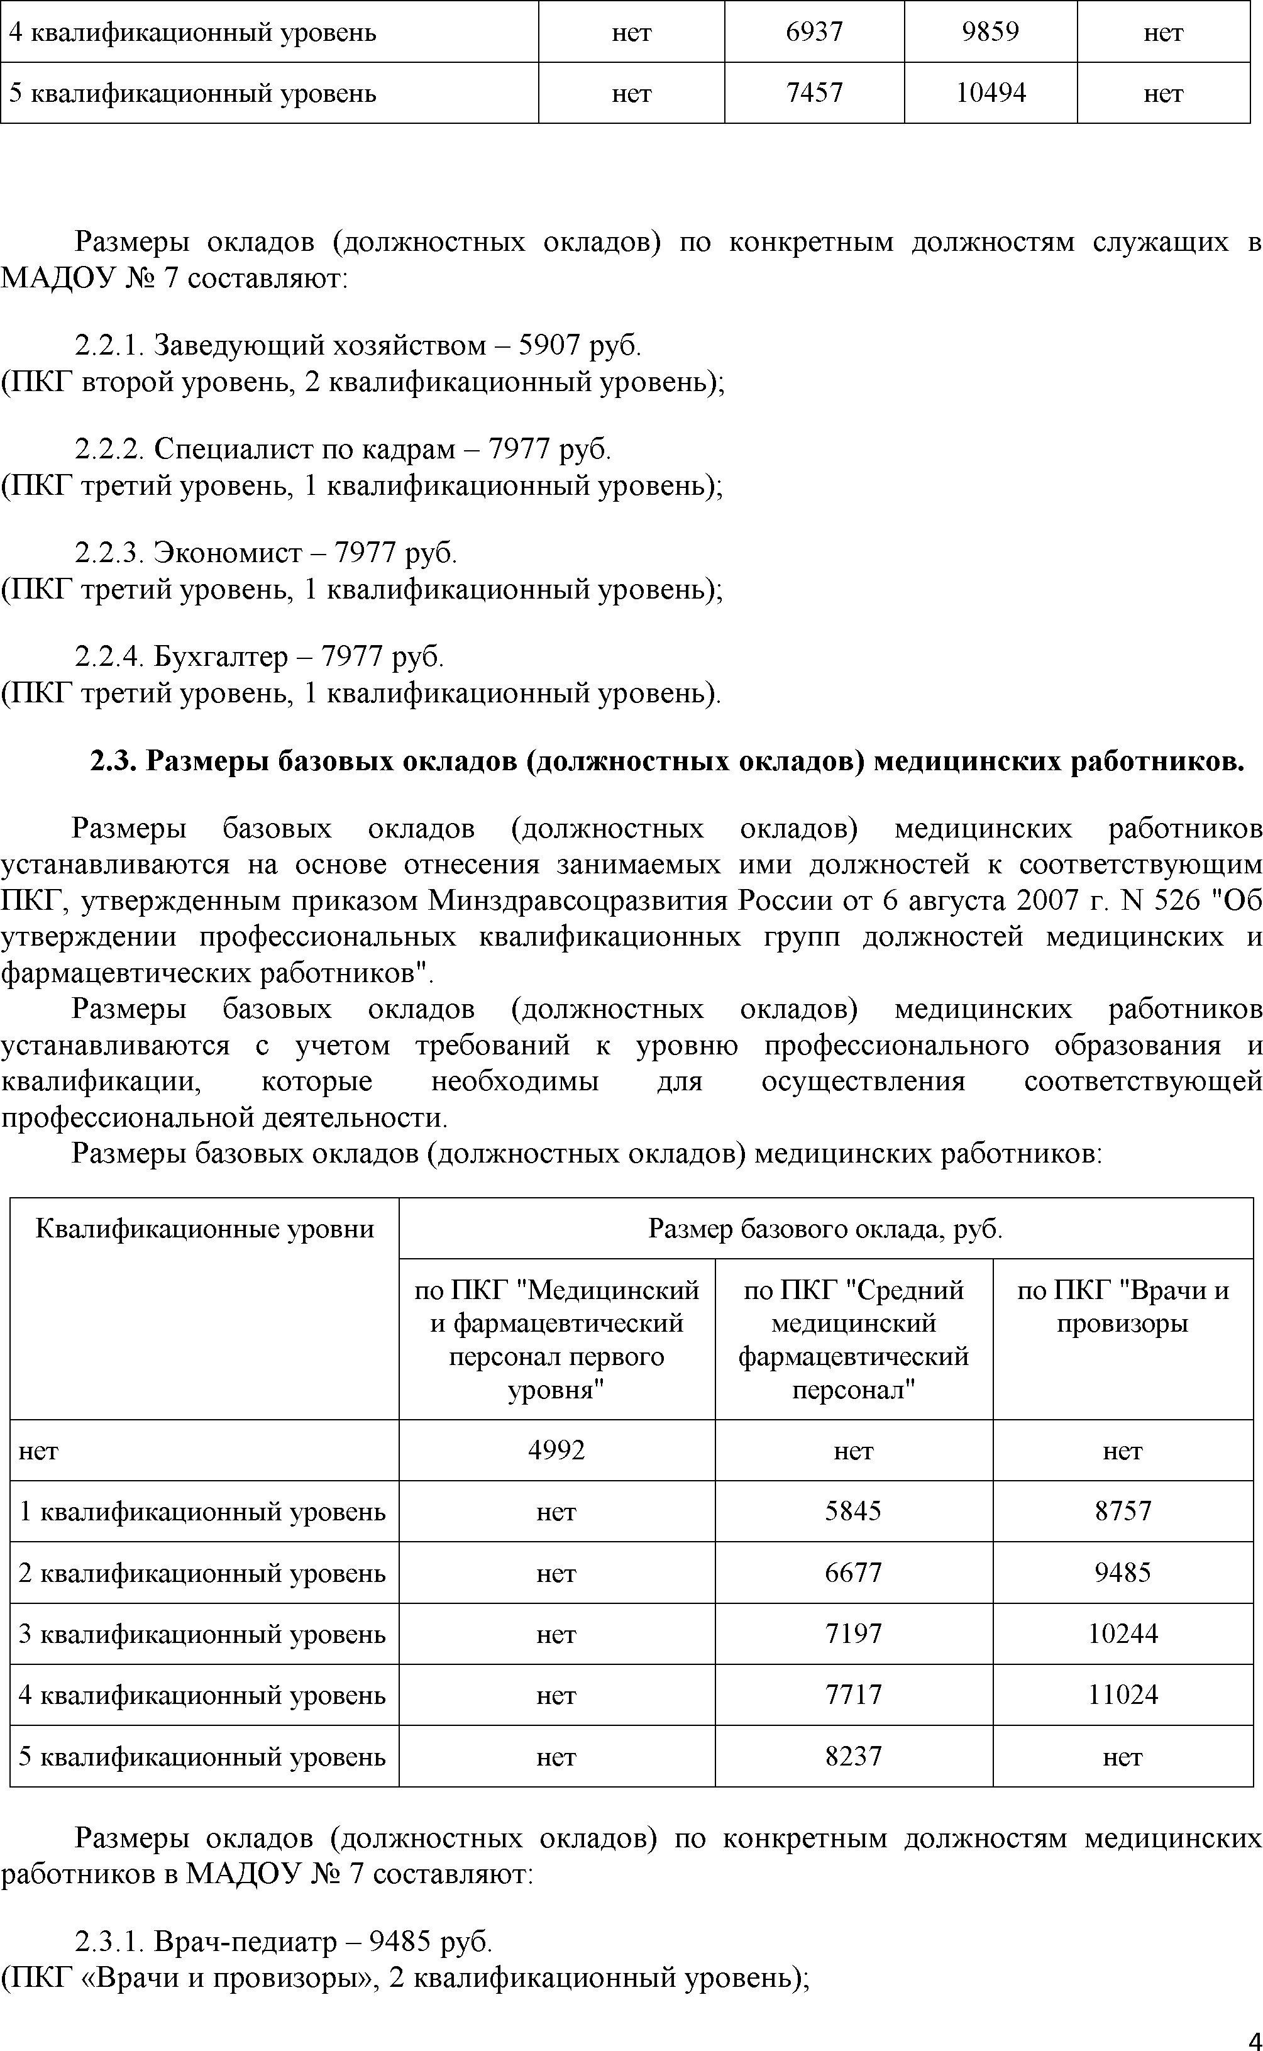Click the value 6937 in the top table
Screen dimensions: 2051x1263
coord(814,31)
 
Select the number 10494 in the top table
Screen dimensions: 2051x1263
coord(990,92)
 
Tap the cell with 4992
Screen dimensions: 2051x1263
coord(556,1449)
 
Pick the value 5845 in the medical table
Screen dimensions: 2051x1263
coord(853,1510)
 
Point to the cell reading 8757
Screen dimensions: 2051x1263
coord(1123,1510)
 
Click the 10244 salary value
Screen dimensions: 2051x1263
coord(1123,1634)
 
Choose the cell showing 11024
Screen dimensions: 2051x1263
coord(1123,1694)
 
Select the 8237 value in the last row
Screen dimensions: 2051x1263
coord(853,1756)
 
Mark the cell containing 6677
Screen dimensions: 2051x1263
coord(853,1573)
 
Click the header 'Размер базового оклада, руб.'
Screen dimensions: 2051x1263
coord(825,1228)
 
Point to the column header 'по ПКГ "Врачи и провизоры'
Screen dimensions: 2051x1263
coord(1123,1307)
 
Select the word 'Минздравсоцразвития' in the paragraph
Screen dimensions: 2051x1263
coord(579,900)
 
